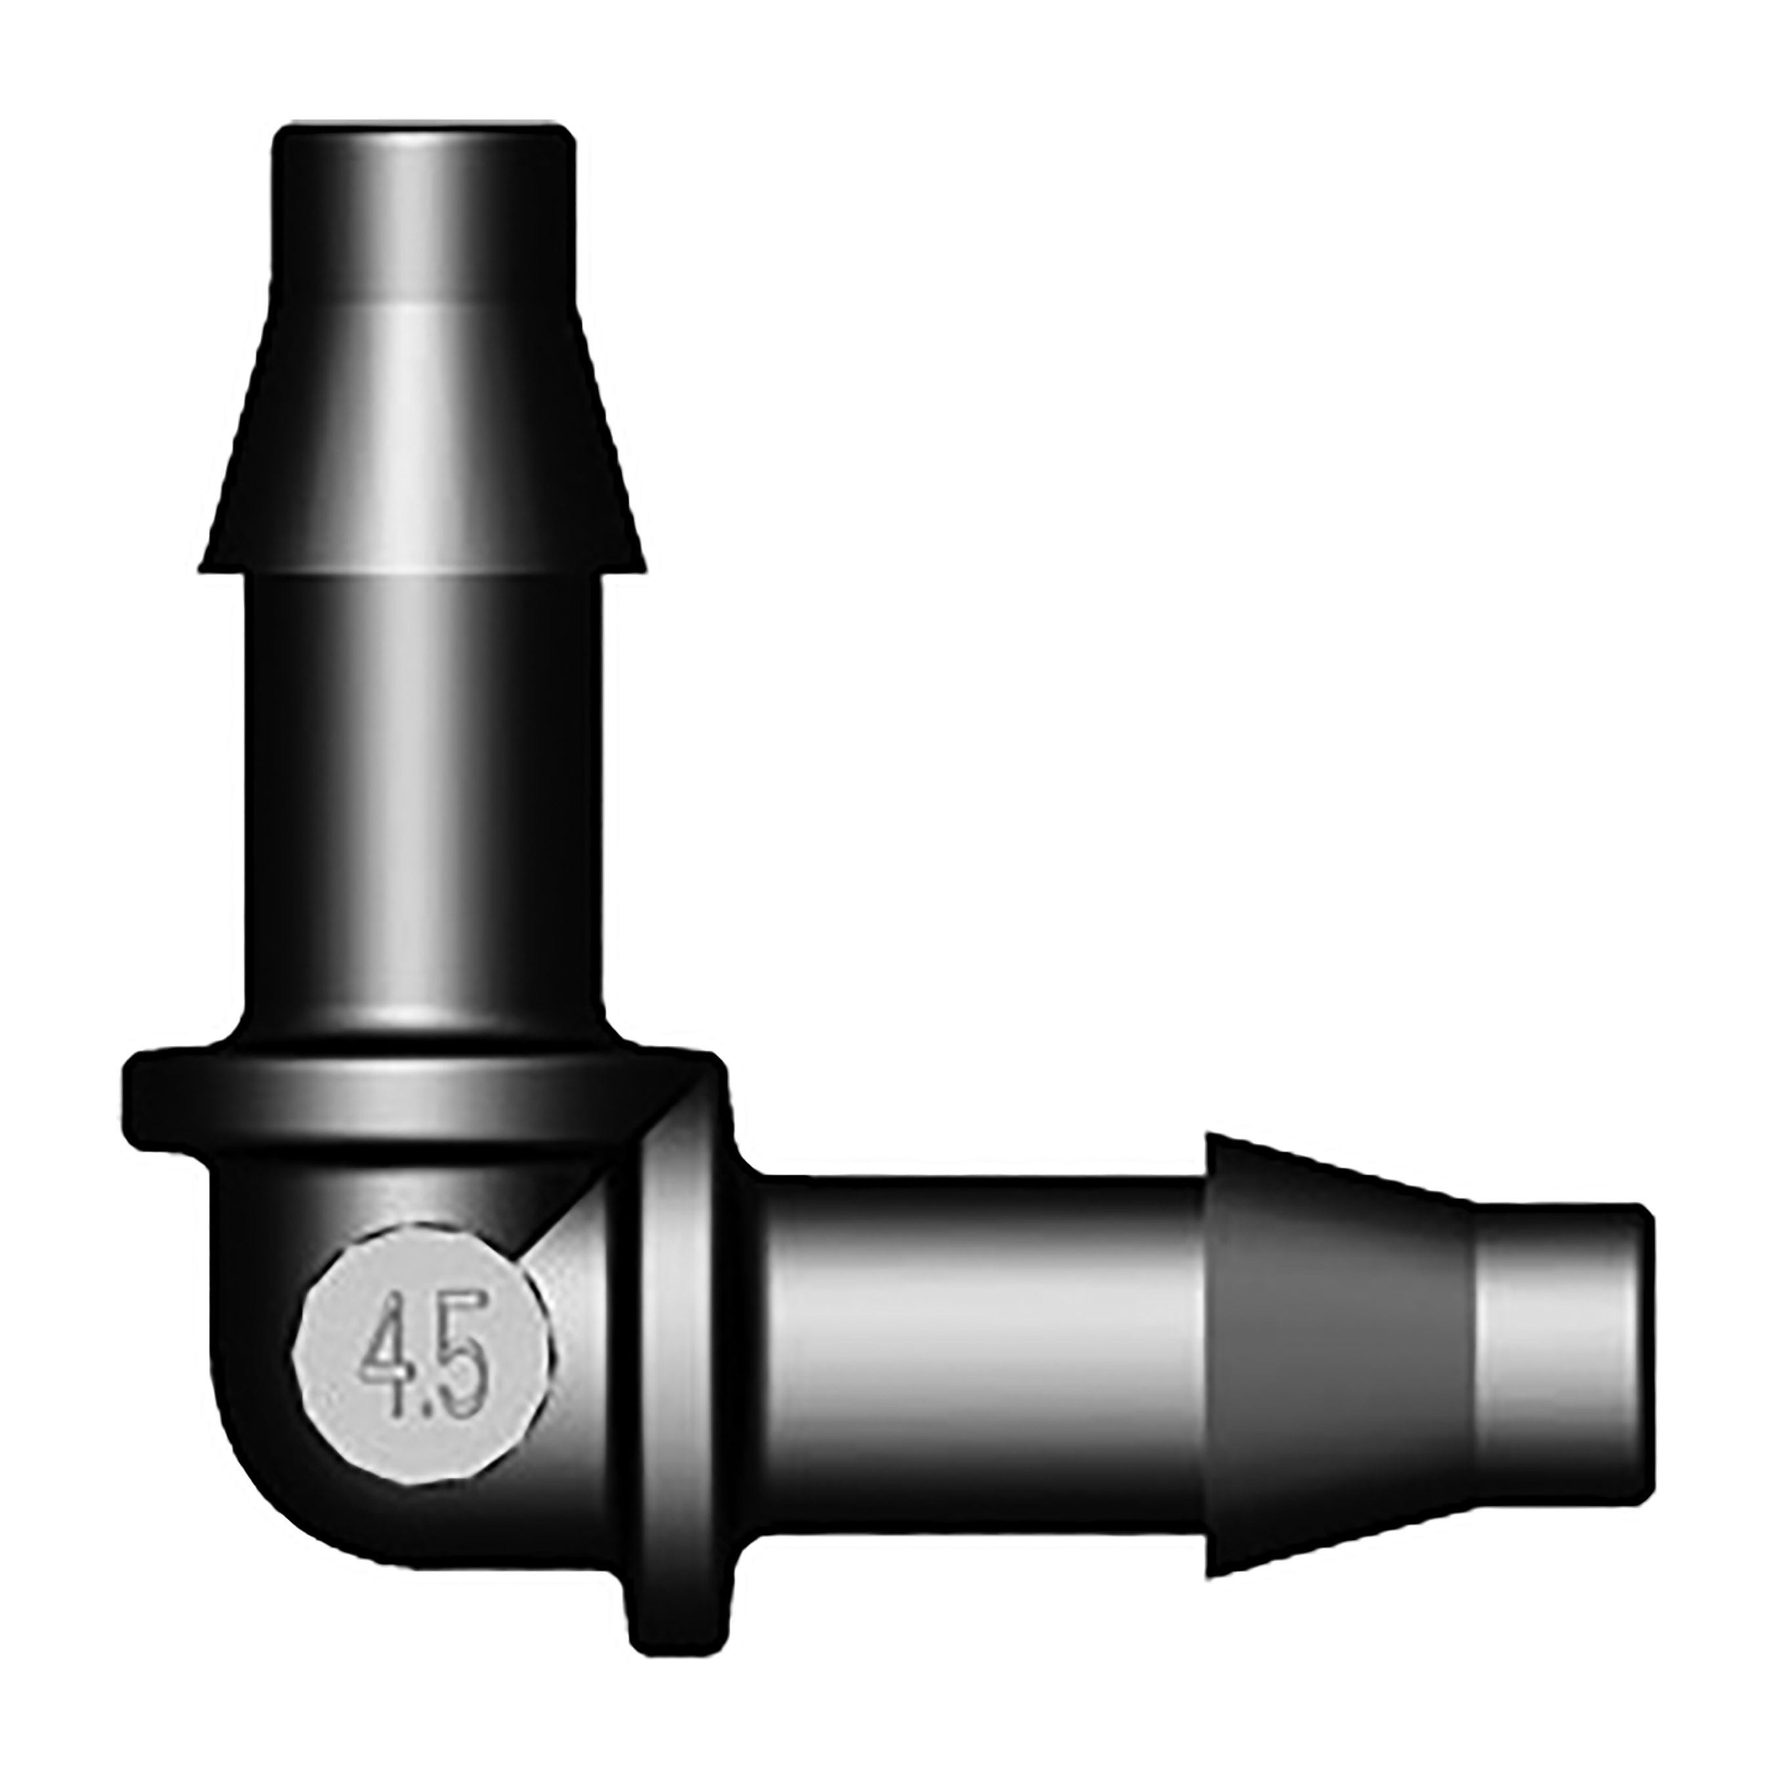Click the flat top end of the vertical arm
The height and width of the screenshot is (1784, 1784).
pos(424,128)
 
